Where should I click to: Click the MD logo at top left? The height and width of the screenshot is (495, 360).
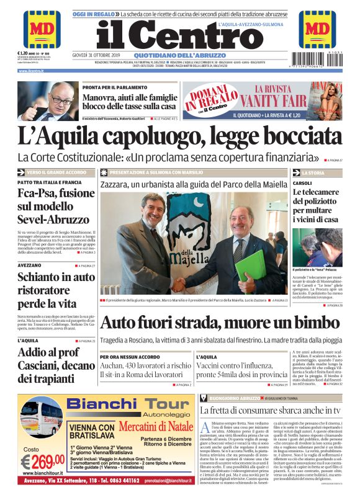tap(42, 29)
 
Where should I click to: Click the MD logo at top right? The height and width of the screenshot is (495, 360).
tap(317, 29)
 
